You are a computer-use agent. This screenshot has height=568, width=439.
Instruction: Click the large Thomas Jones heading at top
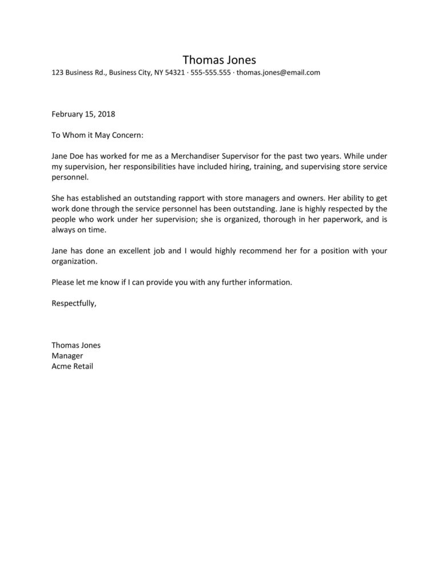219,59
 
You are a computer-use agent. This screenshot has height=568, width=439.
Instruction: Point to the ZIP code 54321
174,73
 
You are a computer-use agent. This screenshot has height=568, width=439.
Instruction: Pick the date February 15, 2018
83,114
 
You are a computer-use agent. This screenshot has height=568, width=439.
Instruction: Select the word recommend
246,251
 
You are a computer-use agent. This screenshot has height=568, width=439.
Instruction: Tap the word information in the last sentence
270,282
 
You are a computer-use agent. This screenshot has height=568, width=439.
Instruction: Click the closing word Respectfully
74,303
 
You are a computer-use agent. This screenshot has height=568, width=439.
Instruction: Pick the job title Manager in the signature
67,355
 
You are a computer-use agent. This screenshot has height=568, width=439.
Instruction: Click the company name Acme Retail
72,366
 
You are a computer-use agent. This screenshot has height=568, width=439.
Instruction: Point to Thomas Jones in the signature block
76,345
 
